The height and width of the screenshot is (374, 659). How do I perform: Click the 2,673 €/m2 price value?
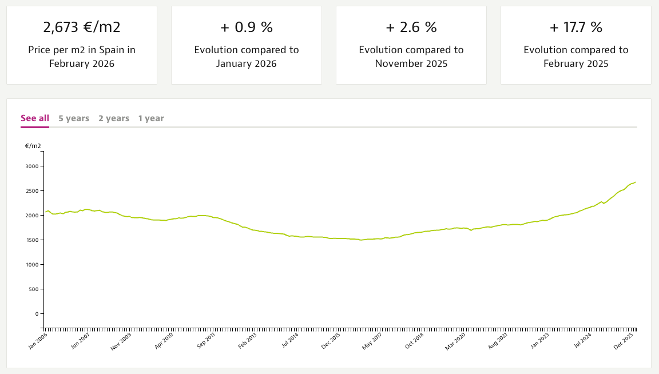[x=82, y=27]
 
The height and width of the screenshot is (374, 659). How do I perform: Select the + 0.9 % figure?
[x=247, y=27]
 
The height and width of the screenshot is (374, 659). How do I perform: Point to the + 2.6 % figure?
[x=411, y=27]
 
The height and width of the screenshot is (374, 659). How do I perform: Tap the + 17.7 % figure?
[x=576, y=27]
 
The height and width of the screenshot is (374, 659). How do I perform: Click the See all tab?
[x=35, y=118]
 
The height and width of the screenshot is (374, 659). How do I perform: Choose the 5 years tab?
[x=74, y=118]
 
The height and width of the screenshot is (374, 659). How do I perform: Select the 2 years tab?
[x=114, y=118]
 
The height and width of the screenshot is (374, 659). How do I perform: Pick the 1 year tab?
[x=151, y=118]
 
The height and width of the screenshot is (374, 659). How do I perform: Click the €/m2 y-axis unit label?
[x=33, y=146]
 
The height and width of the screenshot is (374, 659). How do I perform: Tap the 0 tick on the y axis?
[x=35, y=314]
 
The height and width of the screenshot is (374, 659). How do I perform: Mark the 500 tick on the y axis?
[x=33, y=289]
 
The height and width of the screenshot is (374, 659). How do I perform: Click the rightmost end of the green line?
[x=636, y=182]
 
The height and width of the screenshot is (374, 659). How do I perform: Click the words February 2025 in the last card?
[x=576, y=63]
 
